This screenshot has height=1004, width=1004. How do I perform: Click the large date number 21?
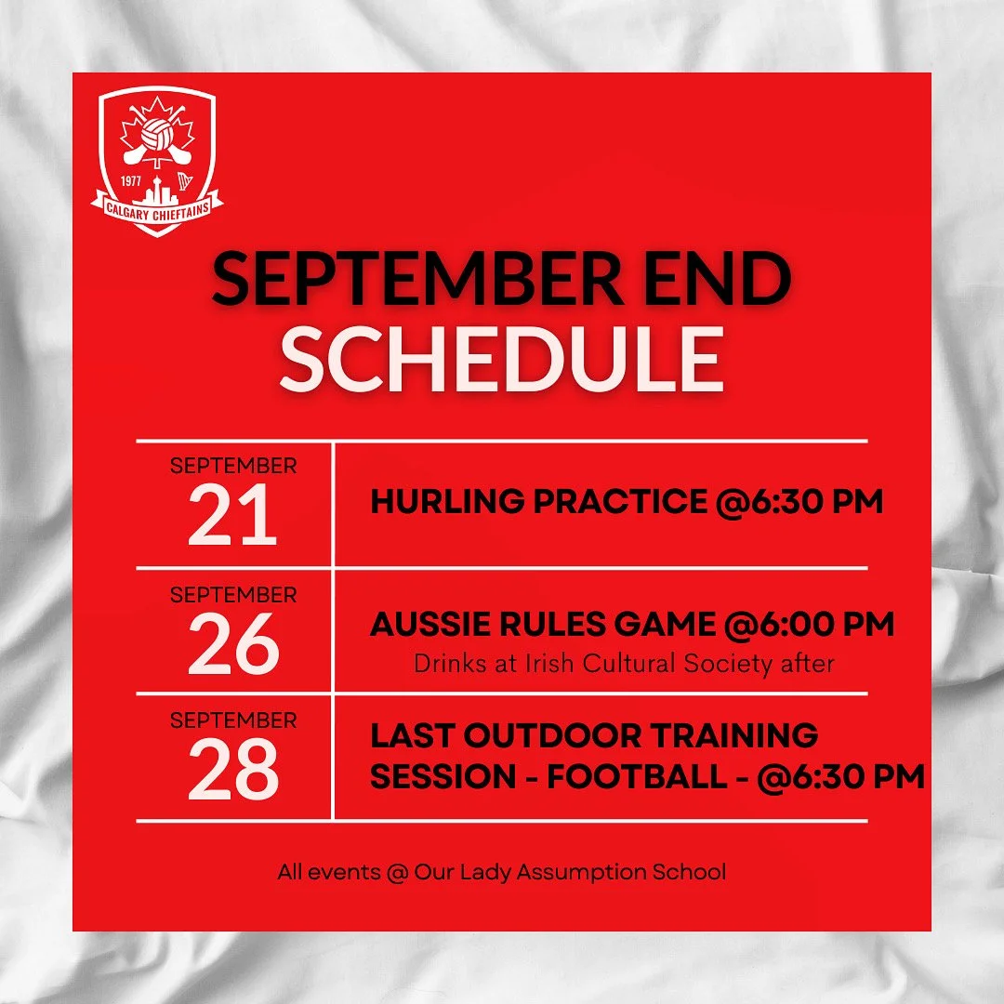pos(232,515)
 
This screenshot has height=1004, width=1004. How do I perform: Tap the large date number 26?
pos(232,643)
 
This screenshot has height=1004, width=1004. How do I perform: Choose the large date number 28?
pos(232,770)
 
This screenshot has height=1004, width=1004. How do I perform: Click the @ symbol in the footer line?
pos(396,873)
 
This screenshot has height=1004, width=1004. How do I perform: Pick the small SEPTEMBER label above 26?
pos(232,593)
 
